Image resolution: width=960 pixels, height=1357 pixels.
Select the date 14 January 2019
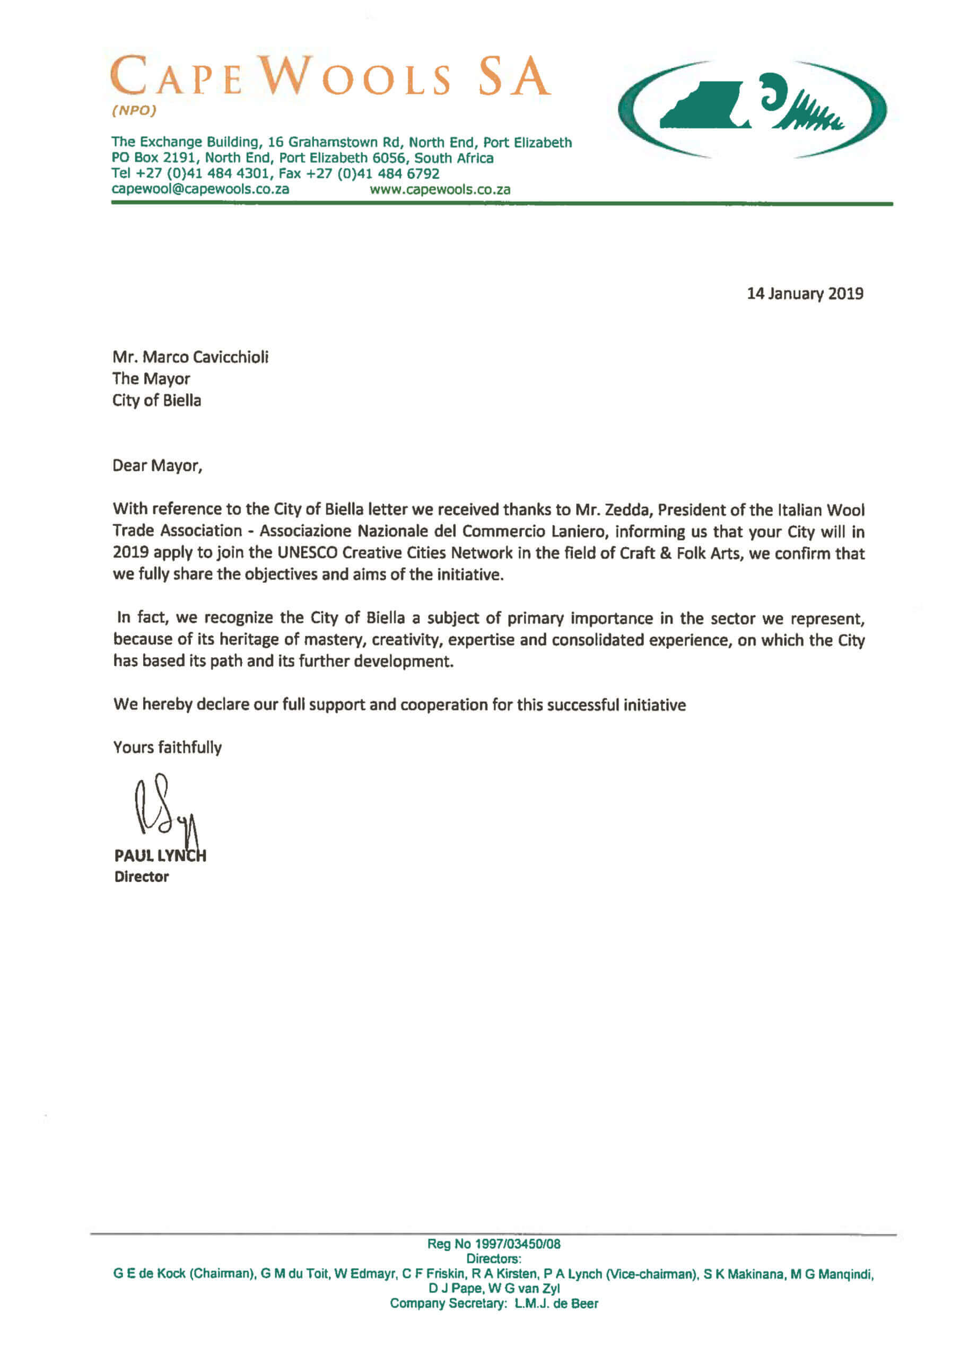(805, 294)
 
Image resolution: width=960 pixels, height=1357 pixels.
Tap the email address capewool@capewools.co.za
(200, 189)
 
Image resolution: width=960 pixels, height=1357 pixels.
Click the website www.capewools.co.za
(440, 190)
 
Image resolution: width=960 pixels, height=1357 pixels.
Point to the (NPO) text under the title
(134, 111)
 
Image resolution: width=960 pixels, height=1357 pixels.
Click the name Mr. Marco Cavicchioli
(190, 357)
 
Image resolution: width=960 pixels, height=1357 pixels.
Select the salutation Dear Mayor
(158, 466)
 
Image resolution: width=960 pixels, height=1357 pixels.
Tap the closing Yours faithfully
(168, 747)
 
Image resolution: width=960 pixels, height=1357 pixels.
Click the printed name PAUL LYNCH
(160, 856)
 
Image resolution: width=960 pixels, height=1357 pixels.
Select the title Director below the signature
(142, 877)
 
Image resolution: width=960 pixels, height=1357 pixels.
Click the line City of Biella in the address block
(157, 401)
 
